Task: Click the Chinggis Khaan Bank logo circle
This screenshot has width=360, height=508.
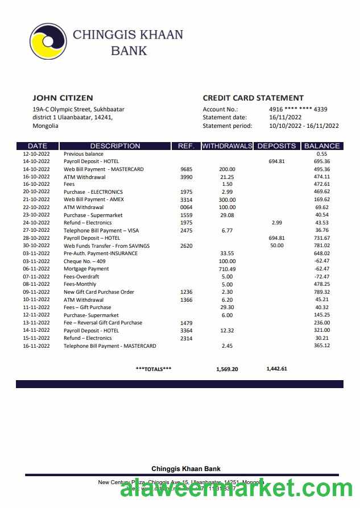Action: pyautogui.click(x=48, y=41)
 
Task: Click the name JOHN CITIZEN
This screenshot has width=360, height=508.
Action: pyautogui.click(x=63, y=98)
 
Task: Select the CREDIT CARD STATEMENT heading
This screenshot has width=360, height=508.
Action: pyautogui.click(x=253, y=98)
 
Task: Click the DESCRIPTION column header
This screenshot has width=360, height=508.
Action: pyautogui.click(x=115, y=146)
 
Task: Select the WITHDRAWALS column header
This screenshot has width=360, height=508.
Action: pyautogui.click(x=227, y=146)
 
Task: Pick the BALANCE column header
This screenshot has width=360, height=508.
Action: pyautogui.click(x=322, y=146)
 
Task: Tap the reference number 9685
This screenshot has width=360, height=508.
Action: pyautogui.click(x=186, y=169)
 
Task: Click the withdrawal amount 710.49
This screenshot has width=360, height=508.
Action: pyautogui.click(x=227, y=269)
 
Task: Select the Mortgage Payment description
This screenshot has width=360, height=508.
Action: pyautogui.click(x=86, y=269)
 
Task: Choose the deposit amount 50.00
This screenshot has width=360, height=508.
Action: pyautogui.click(x=276, y=246)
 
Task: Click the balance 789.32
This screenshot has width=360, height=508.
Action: pyautogui.click(x=322, y=292)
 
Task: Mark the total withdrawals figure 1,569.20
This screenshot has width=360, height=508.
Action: pyautogui.click(x=227, y=369)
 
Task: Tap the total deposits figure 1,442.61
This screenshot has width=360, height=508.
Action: pyautogui.click(x=276, y=369)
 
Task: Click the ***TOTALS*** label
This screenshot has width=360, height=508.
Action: pyautogui.click(x=154, y=369)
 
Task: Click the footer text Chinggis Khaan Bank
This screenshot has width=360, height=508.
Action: pyautogui.click(x=186, y=469)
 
